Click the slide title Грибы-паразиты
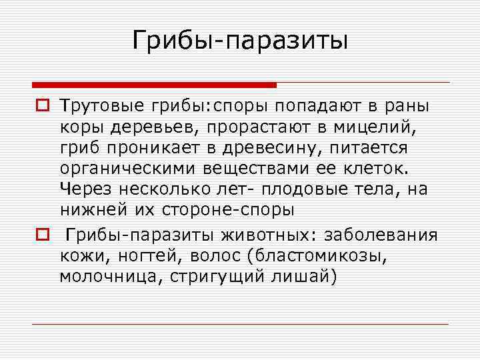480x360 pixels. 240,41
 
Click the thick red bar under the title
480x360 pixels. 153,85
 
